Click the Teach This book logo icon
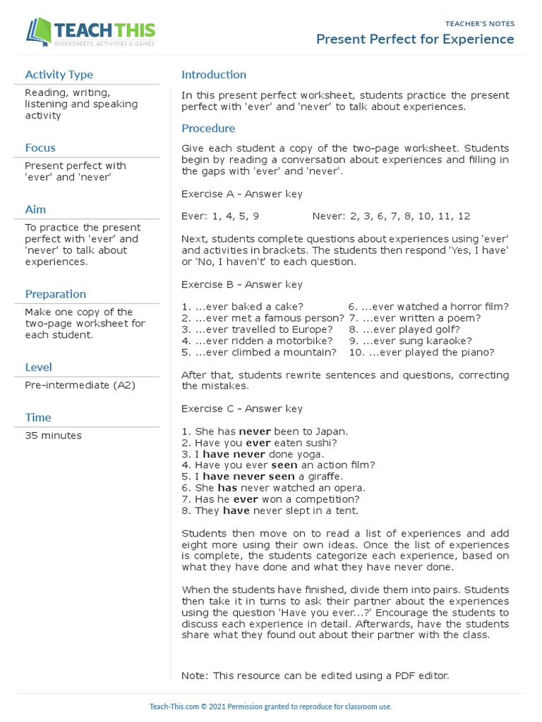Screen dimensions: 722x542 click(39, 32)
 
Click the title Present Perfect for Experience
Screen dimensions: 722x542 click(415, 39)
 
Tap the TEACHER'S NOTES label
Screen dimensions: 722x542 click(480, 23)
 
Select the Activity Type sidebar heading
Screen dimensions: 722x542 click(59, 75)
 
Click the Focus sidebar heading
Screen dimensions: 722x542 click(40, 148)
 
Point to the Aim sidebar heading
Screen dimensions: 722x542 click(35, 209)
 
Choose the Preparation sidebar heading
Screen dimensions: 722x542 click(55, 294)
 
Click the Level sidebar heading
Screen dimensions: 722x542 click(38, 367)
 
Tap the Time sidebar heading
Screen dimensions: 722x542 click(38, 417)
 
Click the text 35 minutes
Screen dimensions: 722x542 click(53, 436)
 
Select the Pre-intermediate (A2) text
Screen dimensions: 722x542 click(80, 385)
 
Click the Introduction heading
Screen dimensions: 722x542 click(214, 75)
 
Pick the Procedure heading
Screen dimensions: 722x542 click(208, 128)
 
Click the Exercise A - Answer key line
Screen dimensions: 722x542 click(242, 194)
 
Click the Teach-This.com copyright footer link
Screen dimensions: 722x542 click(270, 706)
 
